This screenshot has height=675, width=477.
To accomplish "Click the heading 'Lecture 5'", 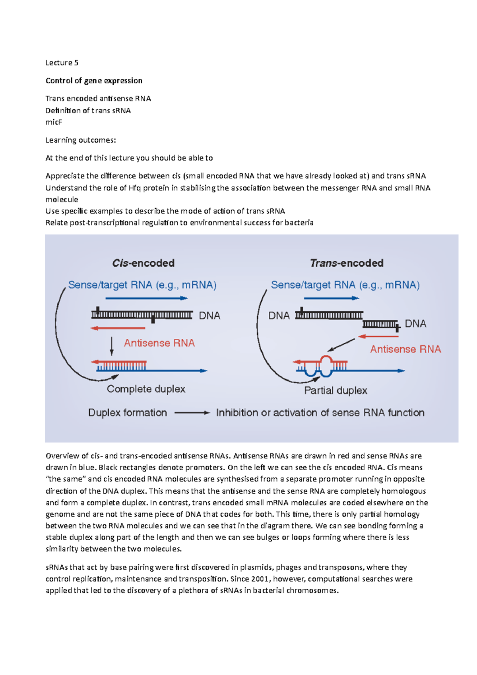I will pyautogui.click(x=62, y=63).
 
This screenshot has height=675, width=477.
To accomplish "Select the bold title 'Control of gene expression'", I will pyautogui.click(x=94, y=81).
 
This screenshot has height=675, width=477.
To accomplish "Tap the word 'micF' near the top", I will pyautogui.click(x=54, y=122).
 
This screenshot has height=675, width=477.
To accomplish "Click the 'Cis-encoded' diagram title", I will pyautogui.click(x=143, y=263).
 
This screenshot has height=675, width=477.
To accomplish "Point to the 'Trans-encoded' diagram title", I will pyautogui.click(x=347, y=263).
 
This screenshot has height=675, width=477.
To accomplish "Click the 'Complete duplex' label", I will pyautogui.click(x=146, y=389).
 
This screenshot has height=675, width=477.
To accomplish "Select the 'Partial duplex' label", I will pyautogui.click(x=335, y=390).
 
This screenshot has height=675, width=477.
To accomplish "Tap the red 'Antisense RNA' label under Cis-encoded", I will pyautogui.click(x=159, y=343).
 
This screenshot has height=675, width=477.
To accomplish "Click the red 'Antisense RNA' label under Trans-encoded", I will pyautogui.click(x=405, y=349).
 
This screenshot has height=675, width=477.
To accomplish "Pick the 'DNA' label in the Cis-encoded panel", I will pyautogui.click(x=209, y=316).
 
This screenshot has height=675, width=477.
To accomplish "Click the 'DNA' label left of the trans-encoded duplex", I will pyautogui.click(x=279, y=316).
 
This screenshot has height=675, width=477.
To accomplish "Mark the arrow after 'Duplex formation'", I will pyautogui.click(x=192, y=413).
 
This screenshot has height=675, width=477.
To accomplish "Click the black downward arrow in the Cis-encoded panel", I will pyautogui.click(x=112, y=346).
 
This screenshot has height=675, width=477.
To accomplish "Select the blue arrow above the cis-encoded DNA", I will pyautogui.click(x=147, y=298).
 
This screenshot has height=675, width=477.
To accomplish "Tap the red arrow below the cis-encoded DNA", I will pyautogui.click(x=118, y=328).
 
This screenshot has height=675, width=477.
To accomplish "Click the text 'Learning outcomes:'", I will pyautogui.click(x=81, y=140).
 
